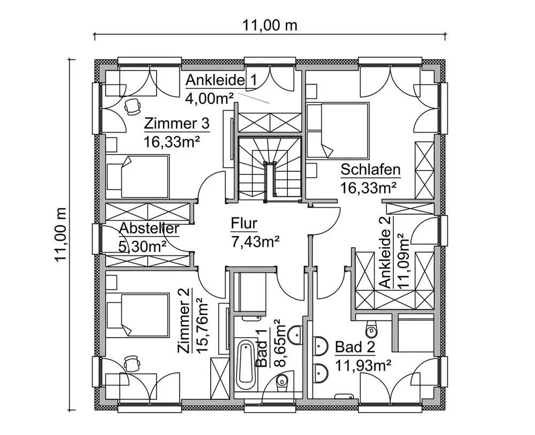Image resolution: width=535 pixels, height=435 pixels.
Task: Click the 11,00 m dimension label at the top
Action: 270,25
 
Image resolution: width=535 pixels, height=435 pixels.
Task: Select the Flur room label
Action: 244,224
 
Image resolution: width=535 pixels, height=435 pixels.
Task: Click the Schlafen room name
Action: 370,170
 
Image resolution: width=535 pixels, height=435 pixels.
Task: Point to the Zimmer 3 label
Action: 177,123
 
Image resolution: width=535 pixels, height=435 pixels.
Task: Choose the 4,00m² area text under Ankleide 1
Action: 210,98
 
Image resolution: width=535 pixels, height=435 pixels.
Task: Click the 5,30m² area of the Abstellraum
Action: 142,246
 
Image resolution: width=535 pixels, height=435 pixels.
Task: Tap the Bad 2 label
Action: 355,347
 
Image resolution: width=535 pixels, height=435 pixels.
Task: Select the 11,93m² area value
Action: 363,366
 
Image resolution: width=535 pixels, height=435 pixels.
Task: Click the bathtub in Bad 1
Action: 246,363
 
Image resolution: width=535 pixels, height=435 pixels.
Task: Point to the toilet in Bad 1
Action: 281,384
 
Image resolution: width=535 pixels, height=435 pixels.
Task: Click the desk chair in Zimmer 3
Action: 132,106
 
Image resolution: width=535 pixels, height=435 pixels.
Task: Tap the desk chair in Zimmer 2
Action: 132,364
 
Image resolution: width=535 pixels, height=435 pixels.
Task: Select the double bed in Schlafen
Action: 338,131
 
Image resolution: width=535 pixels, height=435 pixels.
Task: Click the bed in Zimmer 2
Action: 137,315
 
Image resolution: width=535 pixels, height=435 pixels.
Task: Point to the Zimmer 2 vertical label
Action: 184,320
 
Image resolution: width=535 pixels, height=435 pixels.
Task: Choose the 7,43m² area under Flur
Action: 256,242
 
